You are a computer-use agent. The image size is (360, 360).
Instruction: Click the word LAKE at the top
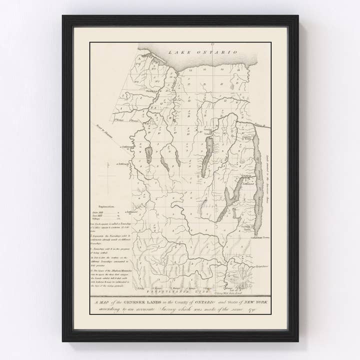coord(177,51)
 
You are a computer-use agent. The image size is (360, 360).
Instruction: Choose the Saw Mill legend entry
coord(99,215)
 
